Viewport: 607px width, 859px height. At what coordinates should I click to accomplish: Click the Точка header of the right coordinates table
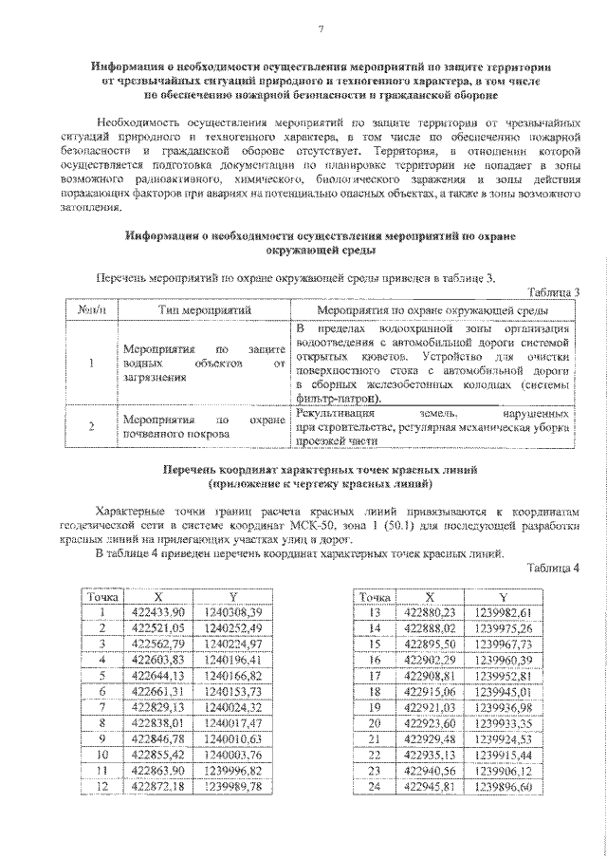click(x=375, y=597)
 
